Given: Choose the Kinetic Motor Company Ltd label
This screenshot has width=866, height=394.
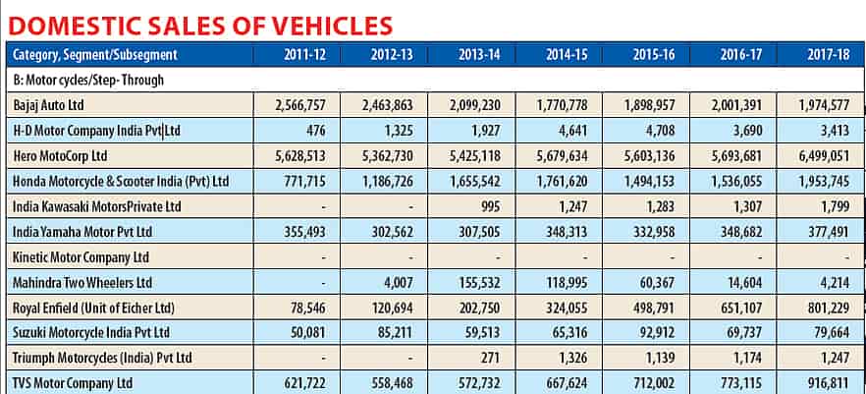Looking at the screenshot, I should click(81, 256).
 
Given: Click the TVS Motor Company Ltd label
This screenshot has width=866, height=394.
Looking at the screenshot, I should click(74, 383).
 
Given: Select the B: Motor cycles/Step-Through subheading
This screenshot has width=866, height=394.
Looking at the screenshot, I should click(89, 81).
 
